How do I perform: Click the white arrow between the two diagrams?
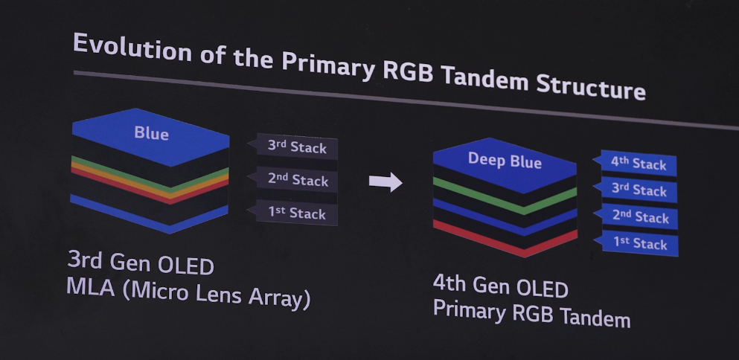(386, 181)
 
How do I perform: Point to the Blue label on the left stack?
(151, 134)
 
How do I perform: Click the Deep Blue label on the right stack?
(505, 161)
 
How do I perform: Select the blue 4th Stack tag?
(638, 163)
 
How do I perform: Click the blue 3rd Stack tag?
(639, 190)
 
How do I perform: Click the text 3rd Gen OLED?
(141, 264)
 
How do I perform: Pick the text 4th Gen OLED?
(500, 288)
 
